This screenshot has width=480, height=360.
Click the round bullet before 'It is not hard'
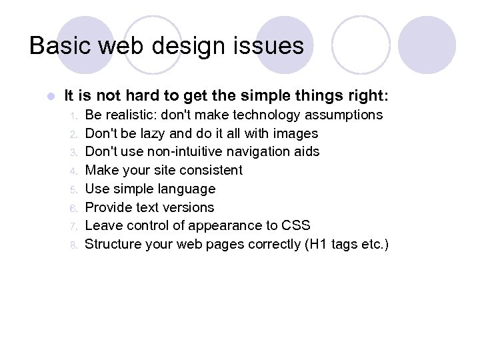(50, 96)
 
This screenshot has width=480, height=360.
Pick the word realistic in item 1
(135, 115)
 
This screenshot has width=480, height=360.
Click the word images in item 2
(295, 133)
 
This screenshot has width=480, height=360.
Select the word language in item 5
(187, 189)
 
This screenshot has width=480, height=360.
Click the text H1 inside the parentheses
(317, 244)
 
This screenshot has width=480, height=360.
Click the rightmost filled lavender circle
(427, 45)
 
